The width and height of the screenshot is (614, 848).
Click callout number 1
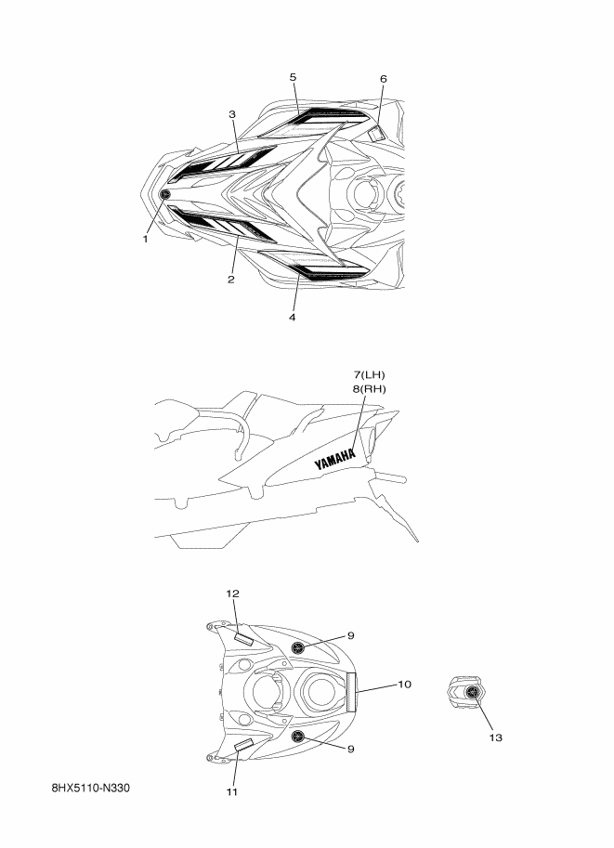coord(145,239)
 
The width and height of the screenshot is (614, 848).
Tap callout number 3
coord(232,114)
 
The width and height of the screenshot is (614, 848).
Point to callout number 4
coord(292,318)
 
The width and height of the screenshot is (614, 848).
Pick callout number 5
coord(293,76)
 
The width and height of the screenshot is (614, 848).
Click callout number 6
coord(383,79)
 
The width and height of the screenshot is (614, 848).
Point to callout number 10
coord(404,685)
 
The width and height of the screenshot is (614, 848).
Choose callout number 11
coord(232,792)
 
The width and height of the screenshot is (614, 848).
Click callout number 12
coord(232,594)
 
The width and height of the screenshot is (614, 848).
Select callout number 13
coord(495,738)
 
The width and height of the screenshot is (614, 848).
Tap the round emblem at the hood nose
coord(165,194)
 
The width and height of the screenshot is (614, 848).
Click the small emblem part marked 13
coord(470,692)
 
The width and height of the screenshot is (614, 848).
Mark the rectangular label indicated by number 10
coord(353,691)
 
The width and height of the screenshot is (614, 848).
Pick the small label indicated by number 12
coord(244,639)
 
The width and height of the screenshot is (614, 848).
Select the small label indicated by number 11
coord(243,745)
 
